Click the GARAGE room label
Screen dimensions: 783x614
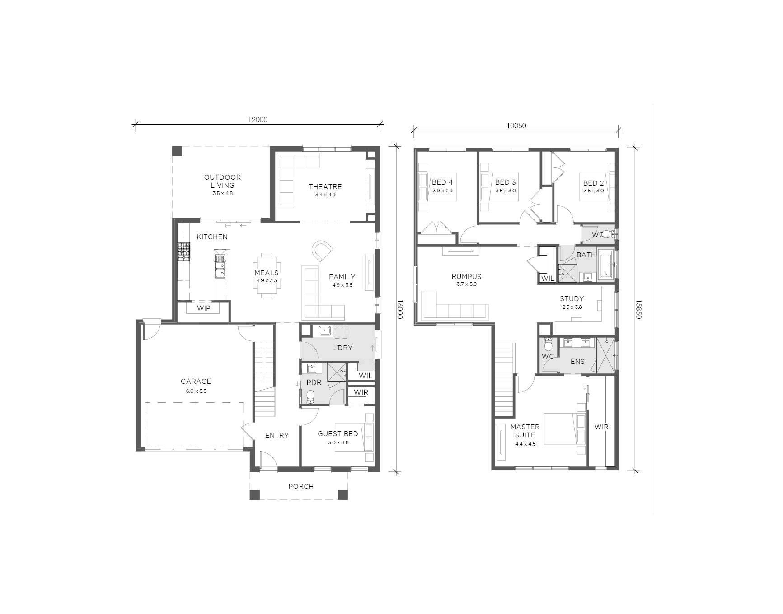pyautogui.click(x=196, y=381)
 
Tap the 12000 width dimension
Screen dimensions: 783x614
pyautogui.click(x=258, y=120)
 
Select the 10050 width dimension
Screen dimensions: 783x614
pyautogui.click(x=516, y=126)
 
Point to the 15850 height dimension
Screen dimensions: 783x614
pyautogui.click(x=638, y=310)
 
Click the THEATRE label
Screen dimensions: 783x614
pyautogui.click(x=325, y=186)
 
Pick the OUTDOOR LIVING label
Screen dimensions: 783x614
pyautogui.click(x=222, y=181)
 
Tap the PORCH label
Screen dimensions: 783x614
pyautogui.click(x=301, y=486)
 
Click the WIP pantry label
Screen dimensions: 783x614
pyautogui.click(x=204, y=308)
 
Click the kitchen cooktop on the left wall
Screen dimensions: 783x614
pyautogui.click(x=183, y=252)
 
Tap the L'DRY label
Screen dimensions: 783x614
pyautogui.click(x=342, y=348)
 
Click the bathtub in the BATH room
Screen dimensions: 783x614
pyautogui.click(x=605, y=265)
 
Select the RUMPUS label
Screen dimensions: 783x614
pyautogui.click(x=466, y=276)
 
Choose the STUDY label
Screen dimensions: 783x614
pyautogui.click(x=572, y=298)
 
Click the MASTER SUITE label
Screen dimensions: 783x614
pyautogui.click(x=525, y=431)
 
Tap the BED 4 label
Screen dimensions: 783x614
pyautogui.click(x=442, y=182)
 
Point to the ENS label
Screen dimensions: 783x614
pyautogui.click(x=577, y=361)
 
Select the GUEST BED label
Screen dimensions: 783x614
pyautogui.click(x=338, y=433)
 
